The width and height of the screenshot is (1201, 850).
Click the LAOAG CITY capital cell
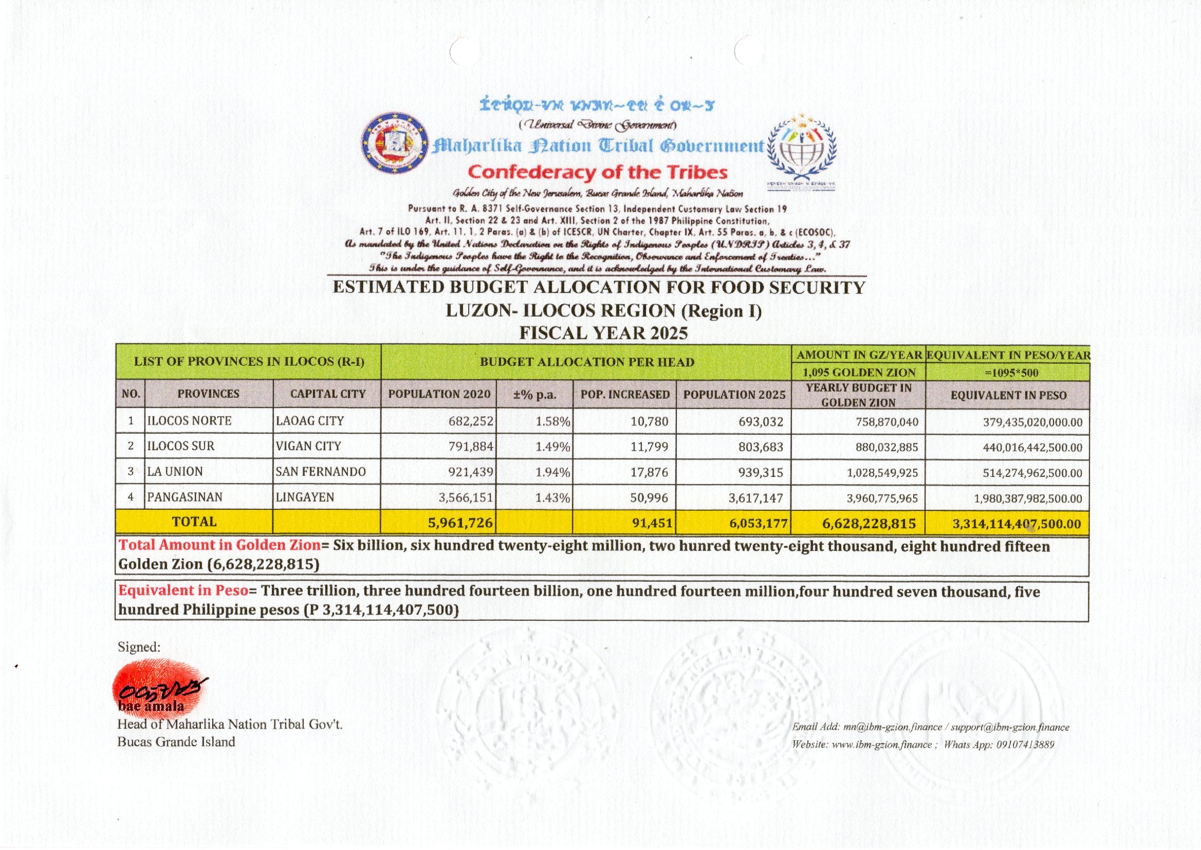309,421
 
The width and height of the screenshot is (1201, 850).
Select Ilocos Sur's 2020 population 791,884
470,447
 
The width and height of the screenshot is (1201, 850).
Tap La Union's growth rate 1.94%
552,472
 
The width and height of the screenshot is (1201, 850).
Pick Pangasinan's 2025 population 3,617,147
755,498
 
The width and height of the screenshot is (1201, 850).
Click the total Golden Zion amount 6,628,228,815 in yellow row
869,523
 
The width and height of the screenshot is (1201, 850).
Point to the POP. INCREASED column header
625,394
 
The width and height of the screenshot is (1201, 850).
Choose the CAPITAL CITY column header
327,394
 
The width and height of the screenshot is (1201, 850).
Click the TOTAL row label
194,522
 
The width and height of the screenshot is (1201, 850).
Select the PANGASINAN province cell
184,497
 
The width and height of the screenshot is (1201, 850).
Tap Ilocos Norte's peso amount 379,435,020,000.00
1032,422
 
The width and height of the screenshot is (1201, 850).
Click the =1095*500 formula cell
1008,373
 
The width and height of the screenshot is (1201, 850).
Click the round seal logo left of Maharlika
394,142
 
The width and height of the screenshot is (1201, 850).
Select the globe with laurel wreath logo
801,149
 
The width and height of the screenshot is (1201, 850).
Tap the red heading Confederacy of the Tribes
598,172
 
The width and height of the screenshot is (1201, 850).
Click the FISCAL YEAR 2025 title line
603,333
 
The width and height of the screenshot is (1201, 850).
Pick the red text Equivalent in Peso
183,590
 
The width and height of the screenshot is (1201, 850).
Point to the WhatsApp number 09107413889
1025,744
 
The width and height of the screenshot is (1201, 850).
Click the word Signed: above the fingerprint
139,647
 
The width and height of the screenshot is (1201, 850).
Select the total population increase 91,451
652,523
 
